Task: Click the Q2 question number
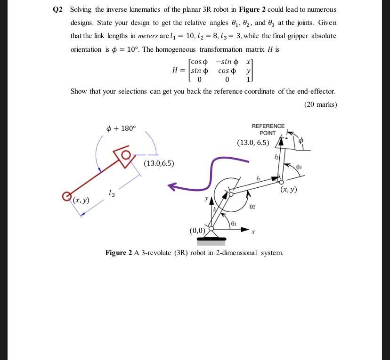pos(58,9)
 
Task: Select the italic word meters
pos(148,36)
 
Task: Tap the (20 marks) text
pos(320,104)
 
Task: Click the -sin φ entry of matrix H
pos(227,62)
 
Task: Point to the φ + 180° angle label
pos(121,128)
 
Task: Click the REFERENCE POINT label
pos(268,129)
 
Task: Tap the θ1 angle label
pos(234,224)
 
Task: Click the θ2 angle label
pos(252,207)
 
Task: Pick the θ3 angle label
pos(299,167)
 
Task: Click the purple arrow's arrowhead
pos(172,187)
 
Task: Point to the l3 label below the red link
pos(111,192)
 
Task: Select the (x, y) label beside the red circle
pos(81,200)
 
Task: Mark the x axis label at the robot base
pos(253,232)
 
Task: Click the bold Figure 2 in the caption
pos(119,253)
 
